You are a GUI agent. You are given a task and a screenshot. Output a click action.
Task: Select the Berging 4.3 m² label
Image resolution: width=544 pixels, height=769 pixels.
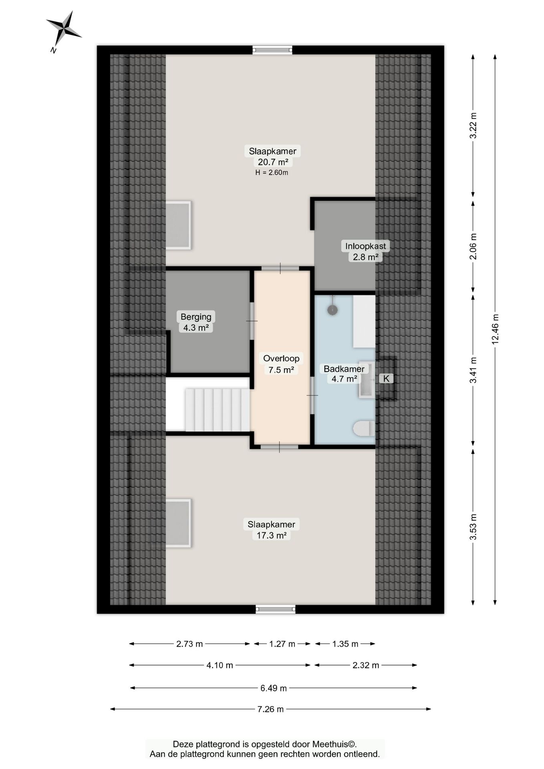click(196, 322)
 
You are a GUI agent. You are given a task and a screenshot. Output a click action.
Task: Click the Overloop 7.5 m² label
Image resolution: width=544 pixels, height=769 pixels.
click(281, 364)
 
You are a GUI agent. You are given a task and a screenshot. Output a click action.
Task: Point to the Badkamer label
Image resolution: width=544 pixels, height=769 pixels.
click(344, 369)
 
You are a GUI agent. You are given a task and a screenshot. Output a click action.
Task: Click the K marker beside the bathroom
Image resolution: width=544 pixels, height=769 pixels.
click(386, 378)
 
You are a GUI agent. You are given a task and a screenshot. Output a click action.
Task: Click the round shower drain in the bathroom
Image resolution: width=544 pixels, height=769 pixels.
click(332, 310)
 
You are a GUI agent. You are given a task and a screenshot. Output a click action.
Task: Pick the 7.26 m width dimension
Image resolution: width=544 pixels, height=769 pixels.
click(270, 709)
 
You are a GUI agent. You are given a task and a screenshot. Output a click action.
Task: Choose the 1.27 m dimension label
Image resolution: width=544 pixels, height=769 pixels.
click(282, 644)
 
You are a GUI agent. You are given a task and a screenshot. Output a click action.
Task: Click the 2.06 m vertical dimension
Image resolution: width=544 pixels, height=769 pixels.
click(473, 246)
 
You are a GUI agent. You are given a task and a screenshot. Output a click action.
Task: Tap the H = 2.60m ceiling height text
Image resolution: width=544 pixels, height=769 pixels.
click(272, 173)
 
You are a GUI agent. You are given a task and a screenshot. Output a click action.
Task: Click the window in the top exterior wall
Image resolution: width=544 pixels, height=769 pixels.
click(272, 50)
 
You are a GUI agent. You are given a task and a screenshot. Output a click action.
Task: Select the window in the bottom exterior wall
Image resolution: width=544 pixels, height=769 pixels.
click(276, 609)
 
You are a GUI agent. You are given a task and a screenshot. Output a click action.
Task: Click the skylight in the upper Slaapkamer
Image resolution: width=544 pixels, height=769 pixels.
click(178, 225)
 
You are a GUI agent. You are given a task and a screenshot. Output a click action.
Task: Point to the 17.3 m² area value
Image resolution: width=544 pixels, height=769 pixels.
click(272, 535)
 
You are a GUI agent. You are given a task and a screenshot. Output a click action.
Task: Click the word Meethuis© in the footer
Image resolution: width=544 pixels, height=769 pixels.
click(334, 744)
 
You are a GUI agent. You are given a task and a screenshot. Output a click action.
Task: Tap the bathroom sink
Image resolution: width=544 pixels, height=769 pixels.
click(367, 379)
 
